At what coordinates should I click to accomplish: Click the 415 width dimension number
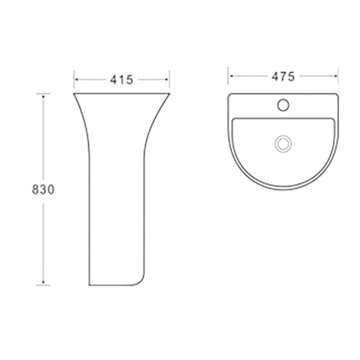pyautogui.click(x=122, y=80)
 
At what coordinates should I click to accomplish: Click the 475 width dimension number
pyautogui.click(x=283, y=77)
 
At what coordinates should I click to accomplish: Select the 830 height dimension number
pyautogui.click(x=43, y=190)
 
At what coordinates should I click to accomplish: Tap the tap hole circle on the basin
pyautogui.click(x=283, y=105)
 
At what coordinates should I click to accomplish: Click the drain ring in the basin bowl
pyautogui.click(x=283, y=143)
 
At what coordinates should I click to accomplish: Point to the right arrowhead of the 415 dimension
pyautogui.click(x=167, y=80)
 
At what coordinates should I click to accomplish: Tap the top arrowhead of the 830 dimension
pyautogui.click(x=43, y=97)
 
